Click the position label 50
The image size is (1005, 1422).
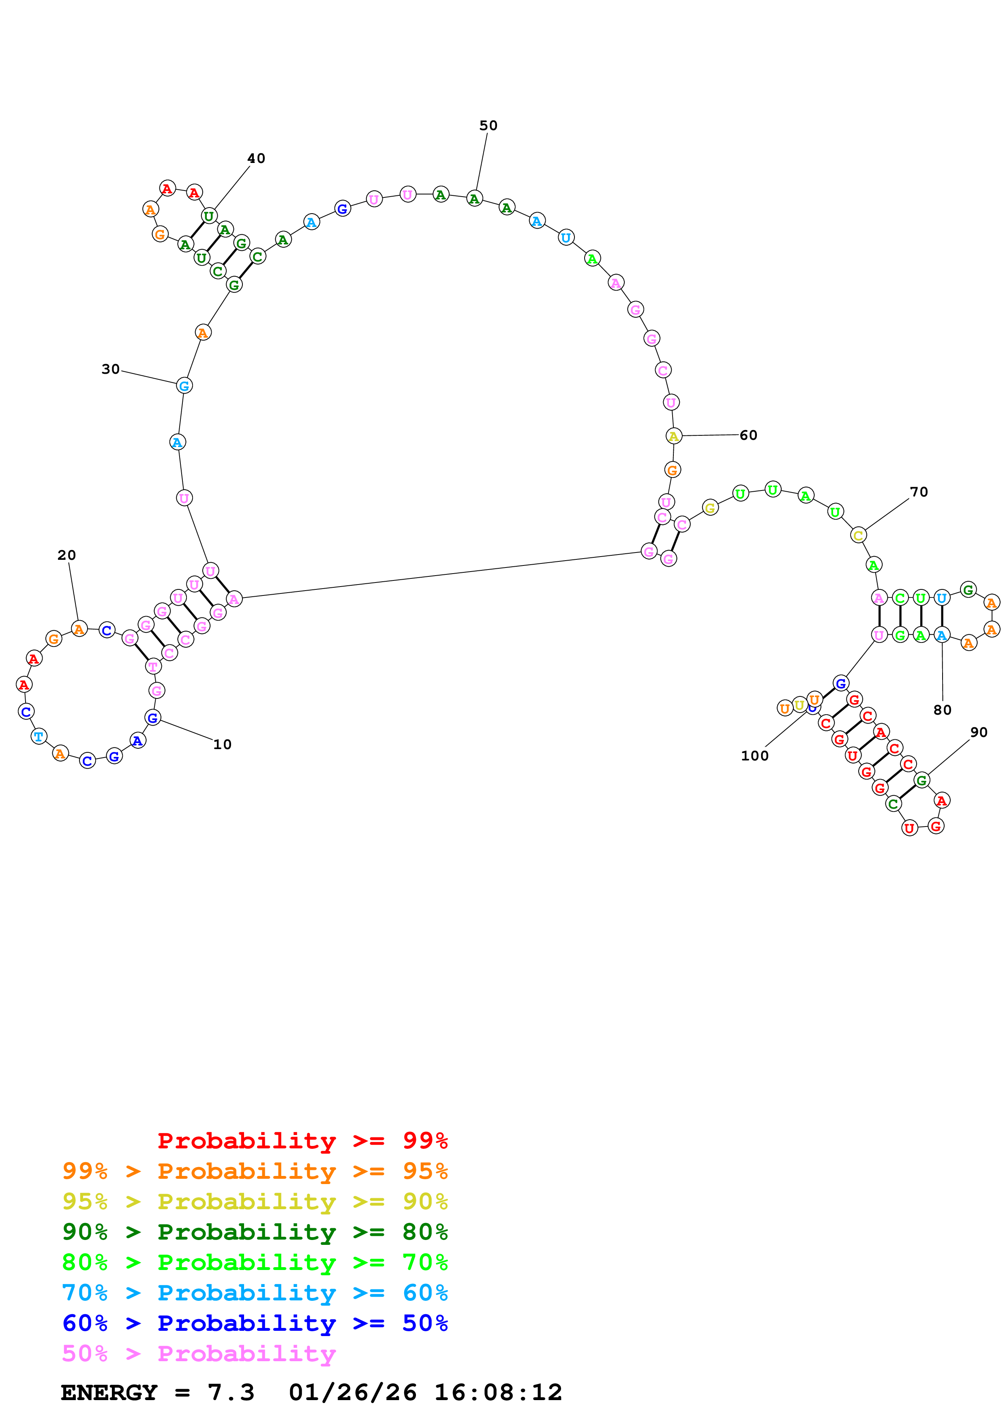(488, 126)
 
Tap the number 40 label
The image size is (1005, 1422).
(256, 158)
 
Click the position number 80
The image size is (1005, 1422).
(942, 710)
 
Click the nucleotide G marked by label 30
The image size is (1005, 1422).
(184, 386)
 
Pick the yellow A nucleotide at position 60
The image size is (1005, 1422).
(673, 436)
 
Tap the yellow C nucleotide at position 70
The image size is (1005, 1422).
(857, 535)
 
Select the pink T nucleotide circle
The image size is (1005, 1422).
(153, 666)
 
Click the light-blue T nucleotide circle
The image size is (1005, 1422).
(39, 737)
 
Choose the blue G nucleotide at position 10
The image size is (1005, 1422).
(152, 718)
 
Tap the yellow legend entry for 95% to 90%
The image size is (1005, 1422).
(255, 1201)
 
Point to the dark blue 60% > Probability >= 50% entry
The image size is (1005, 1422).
(255, 1323)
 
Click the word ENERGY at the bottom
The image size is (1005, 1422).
(109, 1392)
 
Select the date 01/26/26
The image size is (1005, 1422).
(352, 1392)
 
